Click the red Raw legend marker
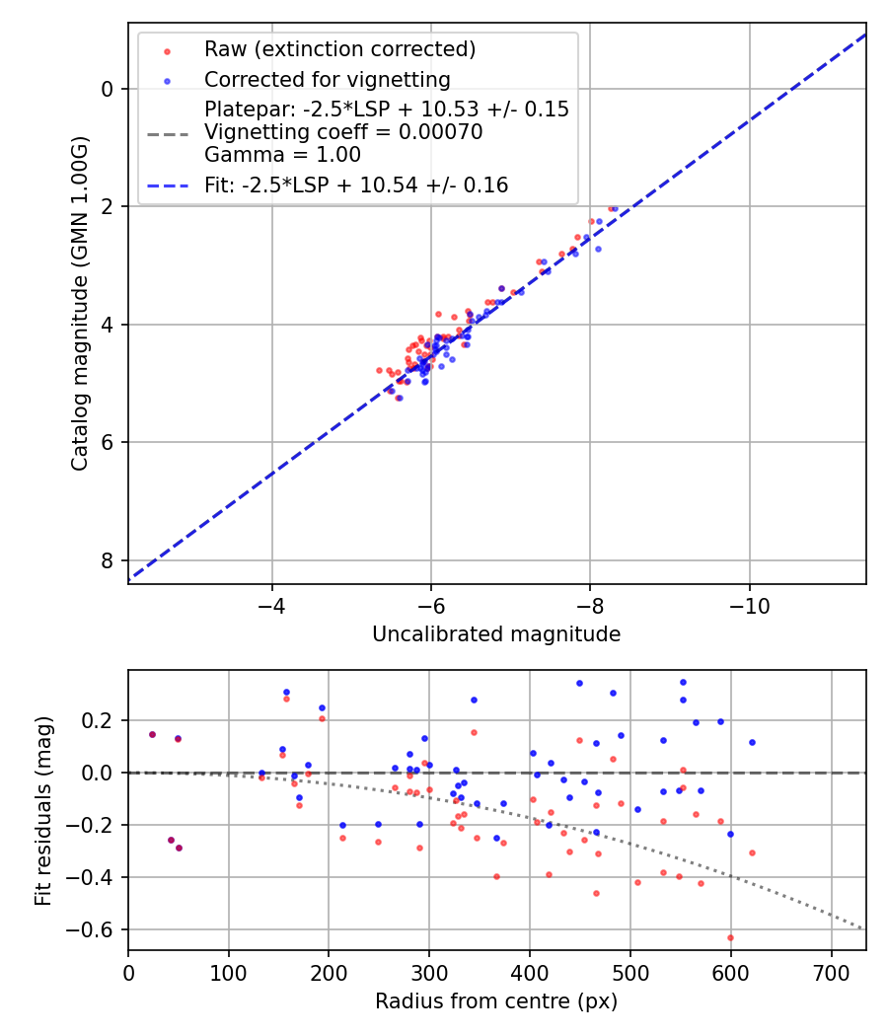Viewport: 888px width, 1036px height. coord(167,50)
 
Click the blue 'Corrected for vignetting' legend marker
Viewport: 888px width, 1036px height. coord(167,80)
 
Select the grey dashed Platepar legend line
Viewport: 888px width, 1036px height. coord(167,132)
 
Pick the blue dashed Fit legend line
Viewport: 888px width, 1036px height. coord(167,185)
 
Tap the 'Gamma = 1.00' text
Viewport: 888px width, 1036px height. coord(282,155)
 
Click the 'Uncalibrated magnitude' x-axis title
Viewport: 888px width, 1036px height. coord(496,634)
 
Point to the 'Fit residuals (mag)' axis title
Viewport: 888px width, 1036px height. coord(43,811)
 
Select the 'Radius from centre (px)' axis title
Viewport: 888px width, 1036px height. coord(496,1001)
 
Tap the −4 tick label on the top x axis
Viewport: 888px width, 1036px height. coord(272,605)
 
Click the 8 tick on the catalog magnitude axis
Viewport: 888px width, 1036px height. coord(109,560)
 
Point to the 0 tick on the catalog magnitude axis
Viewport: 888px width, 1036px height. coord(109,89)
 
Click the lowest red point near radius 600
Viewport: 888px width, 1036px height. coord(730,937)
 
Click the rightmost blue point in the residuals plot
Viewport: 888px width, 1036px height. coord(752,742)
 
